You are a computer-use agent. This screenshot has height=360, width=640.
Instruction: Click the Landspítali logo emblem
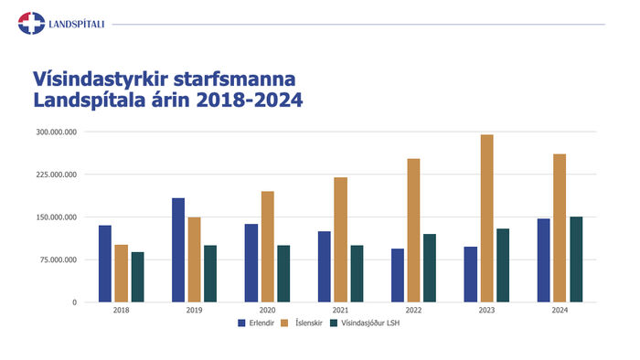31,23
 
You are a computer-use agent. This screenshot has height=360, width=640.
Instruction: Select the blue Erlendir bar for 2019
178,250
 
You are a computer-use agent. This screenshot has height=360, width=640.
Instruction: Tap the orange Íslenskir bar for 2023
487,218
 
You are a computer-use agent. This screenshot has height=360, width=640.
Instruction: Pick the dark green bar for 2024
576,259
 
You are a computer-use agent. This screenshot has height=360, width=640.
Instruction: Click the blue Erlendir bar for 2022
398,275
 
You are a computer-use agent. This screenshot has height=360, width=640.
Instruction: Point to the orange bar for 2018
122,273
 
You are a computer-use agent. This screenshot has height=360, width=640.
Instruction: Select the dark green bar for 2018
137,277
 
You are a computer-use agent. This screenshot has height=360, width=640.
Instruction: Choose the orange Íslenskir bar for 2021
341,239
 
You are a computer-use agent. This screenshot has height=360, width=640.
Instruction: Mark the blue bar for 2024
544,260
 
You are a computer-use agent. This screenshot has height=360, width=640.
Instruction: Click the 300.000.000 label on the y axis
57,132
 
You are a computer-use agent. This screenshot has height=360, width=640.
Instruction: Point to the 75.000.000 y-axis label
59,259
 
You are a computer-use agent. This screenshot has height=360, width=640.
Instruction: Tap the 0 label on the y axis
75,302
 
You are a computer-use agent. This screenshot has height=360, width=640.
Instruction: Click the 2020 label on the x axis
267,311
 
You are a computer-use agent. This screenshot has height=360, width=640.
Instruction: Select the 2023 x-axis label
486,311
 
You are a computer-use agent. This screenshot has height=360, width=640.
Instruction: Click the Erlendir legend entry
256,323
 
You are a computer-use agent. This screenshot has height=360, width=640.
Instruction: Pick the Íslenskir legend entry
302,323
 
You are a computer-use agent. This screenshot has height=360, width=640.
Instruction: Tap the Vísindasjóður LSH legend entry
365,323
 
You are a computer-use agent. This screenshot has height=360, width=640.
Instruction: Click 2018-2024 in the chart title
250,100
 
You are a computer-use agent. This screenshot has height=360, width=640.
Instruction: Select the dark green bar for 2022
430,268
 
